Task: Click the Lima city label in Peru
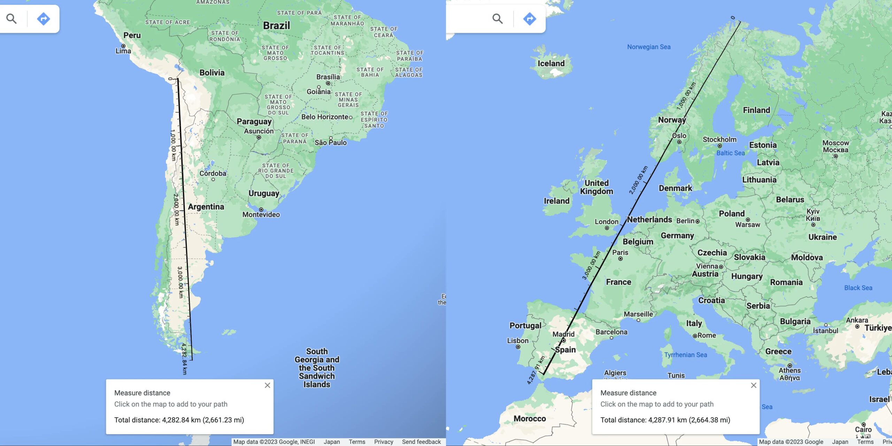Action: point(123,51)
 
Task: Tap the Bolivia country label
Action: point(212,72)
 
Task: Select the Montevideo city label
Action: point(261,215)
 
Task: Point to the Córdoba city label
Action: point(213,173)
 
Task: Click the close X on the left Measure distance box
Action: point(267,385)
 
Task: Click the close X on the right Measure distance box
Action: point(754,385)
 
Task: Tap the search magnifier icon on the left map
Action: point(11,19)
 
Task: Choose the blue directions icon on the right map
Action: point(529,19)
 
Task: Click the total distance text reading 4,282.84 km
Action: point(179,420)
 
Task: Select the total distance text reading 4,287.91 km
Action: point(665,420)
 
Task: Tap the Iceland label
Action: point(551,63)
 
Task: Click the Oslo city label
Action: point(679,136)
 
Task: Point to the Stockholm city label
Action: point(720,139)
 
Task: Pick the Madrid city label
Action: point(563,334)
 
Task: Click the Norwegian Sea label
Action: point(649,47)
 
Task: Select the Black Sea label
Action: point(858,288)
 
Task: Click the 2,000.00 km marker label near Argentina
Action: point(176,209)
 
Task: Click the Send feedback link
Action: point(421,442)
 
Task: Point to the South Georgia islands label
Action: point(317,368)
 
